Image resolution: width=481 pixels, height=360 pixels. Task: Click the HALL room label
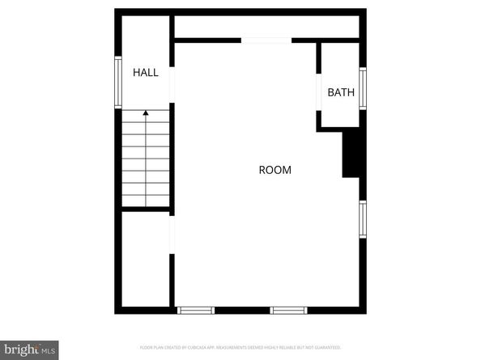(146, 73)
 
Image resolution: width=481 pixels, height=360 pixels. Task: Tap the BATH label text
(341, 92)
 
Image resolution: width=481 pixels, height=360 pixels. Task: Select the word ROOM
(275, 170)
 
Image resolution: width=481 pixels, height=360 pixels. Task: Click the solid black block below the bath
(351, 154)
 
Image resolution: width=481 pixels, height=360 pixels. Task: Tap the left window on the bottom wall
(196, 310)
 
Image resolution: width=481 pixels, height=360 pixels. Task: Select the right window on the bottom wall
(289, 310)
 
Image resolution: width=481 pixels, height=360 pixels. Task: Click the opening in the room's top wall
(266, 40)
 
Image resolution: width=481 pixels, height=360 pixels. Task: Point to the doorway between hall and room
(172, 73)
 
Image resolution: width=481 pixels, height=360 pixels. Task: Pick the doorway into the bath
(319, 92)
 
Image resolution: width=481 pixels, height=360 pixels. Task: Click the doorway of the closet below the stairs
(172, 235)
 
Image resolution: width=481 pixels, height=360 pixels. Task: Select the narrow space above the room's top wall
(267, 26)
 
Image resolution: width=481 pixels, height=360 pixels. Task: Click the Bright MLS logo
(29, 349)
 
